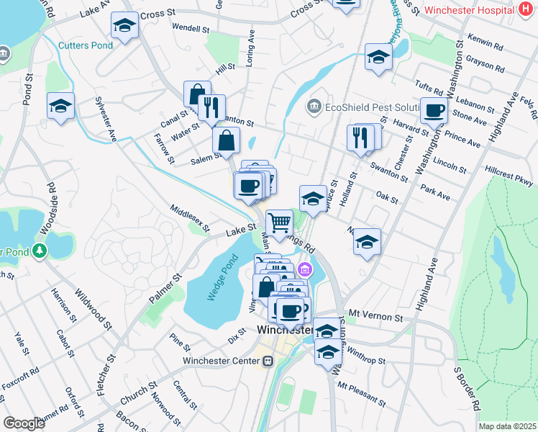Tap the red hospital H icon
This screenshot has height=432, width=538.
(x=526, y=11)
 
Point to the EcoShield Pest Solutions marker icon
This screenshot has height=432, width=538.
(x=314, y=107)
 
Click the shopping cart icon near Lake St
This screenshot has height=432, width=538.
(x=279, y=221)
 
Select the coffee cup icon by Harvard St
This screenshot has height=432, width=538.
(x=434, y=111)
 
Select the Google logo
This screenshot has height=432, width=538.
(x=23, y=423)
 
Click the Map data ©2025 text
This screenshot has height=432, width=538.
(x=507, y=426)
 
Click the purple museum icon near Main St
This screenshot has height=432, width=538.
(x=305, y=271)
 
